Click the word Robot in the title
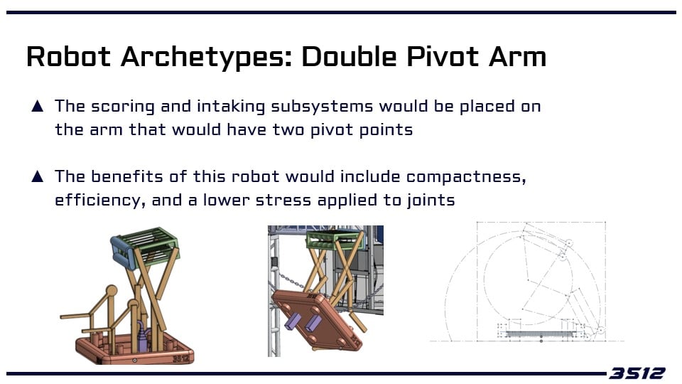point(68,57)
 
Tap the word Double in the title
point(350,57)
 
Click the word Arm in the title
point(517,57)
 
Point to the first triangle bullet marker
point(38,106)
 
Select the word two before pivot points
point(288,129)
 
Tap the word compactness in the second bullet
point(466,177)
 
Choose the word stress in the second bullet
point(283,201)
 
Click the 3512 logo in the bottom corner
point(637,373)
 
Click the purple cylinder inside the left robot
point(143,336)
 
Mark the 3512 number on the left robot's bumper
point(181,358)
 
